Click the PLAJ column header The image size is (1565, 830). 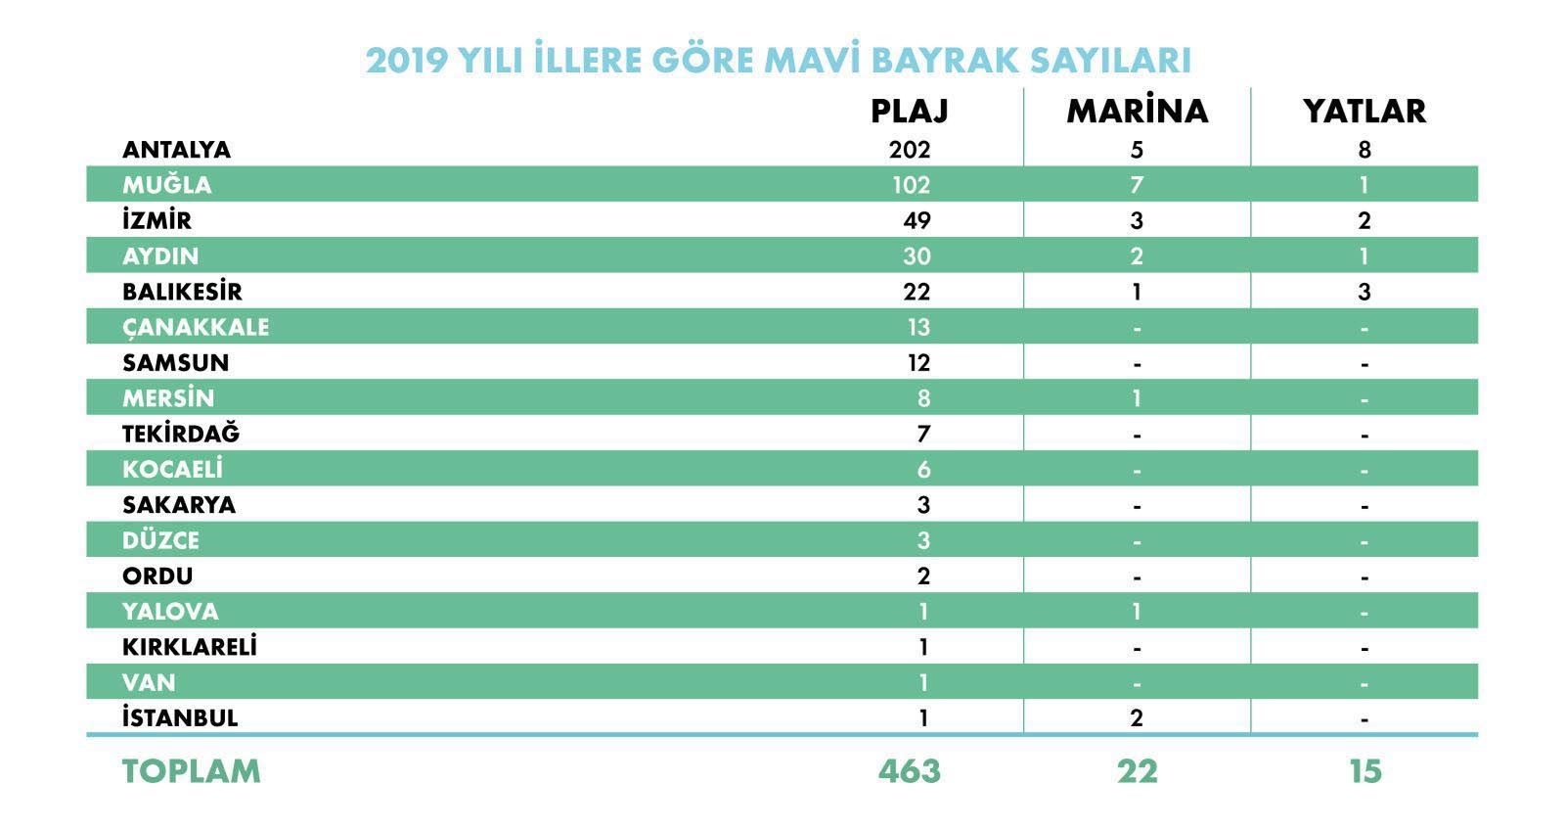click(909, 111)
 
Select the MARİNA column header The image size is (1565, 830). click(1137, 111)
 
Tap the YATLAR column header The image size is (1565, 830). click(1364, 111)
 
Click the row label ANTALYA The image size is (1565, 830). click(176, 150)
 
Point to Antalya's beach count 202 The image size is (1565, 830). click(910, 150)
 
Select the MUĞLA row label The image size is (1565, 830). click(166, 185)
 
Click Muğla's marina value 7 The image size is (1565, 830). click(1137, 185)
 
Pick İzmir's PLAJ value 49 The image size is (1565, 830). click(917, 220)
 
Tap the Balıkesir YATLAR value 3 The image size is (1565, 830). click(1364, 292)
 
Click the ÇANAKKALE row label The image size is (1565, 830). click(195, 327)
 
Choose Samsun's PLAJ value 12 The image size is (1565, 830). click(917, 363)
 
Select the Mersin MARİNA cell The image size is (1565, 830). click(1137, 398)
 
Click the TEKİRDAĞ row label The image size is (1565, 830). click(180, 434)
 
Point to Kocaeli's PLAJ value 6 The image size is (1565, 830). click(923, 470)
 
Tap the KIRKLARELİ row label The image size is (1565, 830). click(189, 647)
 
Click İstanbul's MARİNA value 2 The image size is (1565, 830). click(1137, 718)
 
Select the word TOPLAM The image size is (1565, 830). click(191, 771)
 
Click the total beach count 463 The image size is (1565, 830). click(909, 771)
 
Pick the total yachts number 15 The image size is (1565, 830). click(1364, 771)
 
